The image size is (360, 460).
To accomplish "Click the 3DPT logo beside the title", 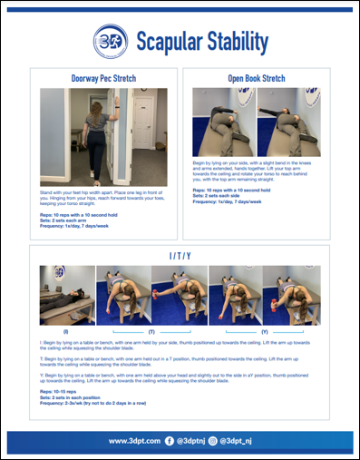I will [x=110, y=40].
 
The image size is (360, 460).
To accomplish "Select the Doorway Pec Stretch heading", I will [x=103, y=79].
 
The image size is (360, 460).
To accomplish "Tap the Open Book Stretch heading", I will [x=257, y=79].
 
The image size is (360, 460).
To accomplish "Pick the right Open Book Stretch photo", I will [x=288, y=123].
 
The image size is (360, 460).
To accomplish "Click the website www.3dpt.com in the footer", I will [x=134, y=441].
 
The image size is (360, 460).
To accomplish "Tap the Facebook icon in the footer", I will [x=171, y=441].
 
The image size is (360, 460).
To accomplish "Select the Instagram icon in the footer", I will [x=214, y=441].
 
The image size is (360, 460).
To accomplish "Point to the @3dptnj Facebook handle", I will [x=191, y=441].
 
